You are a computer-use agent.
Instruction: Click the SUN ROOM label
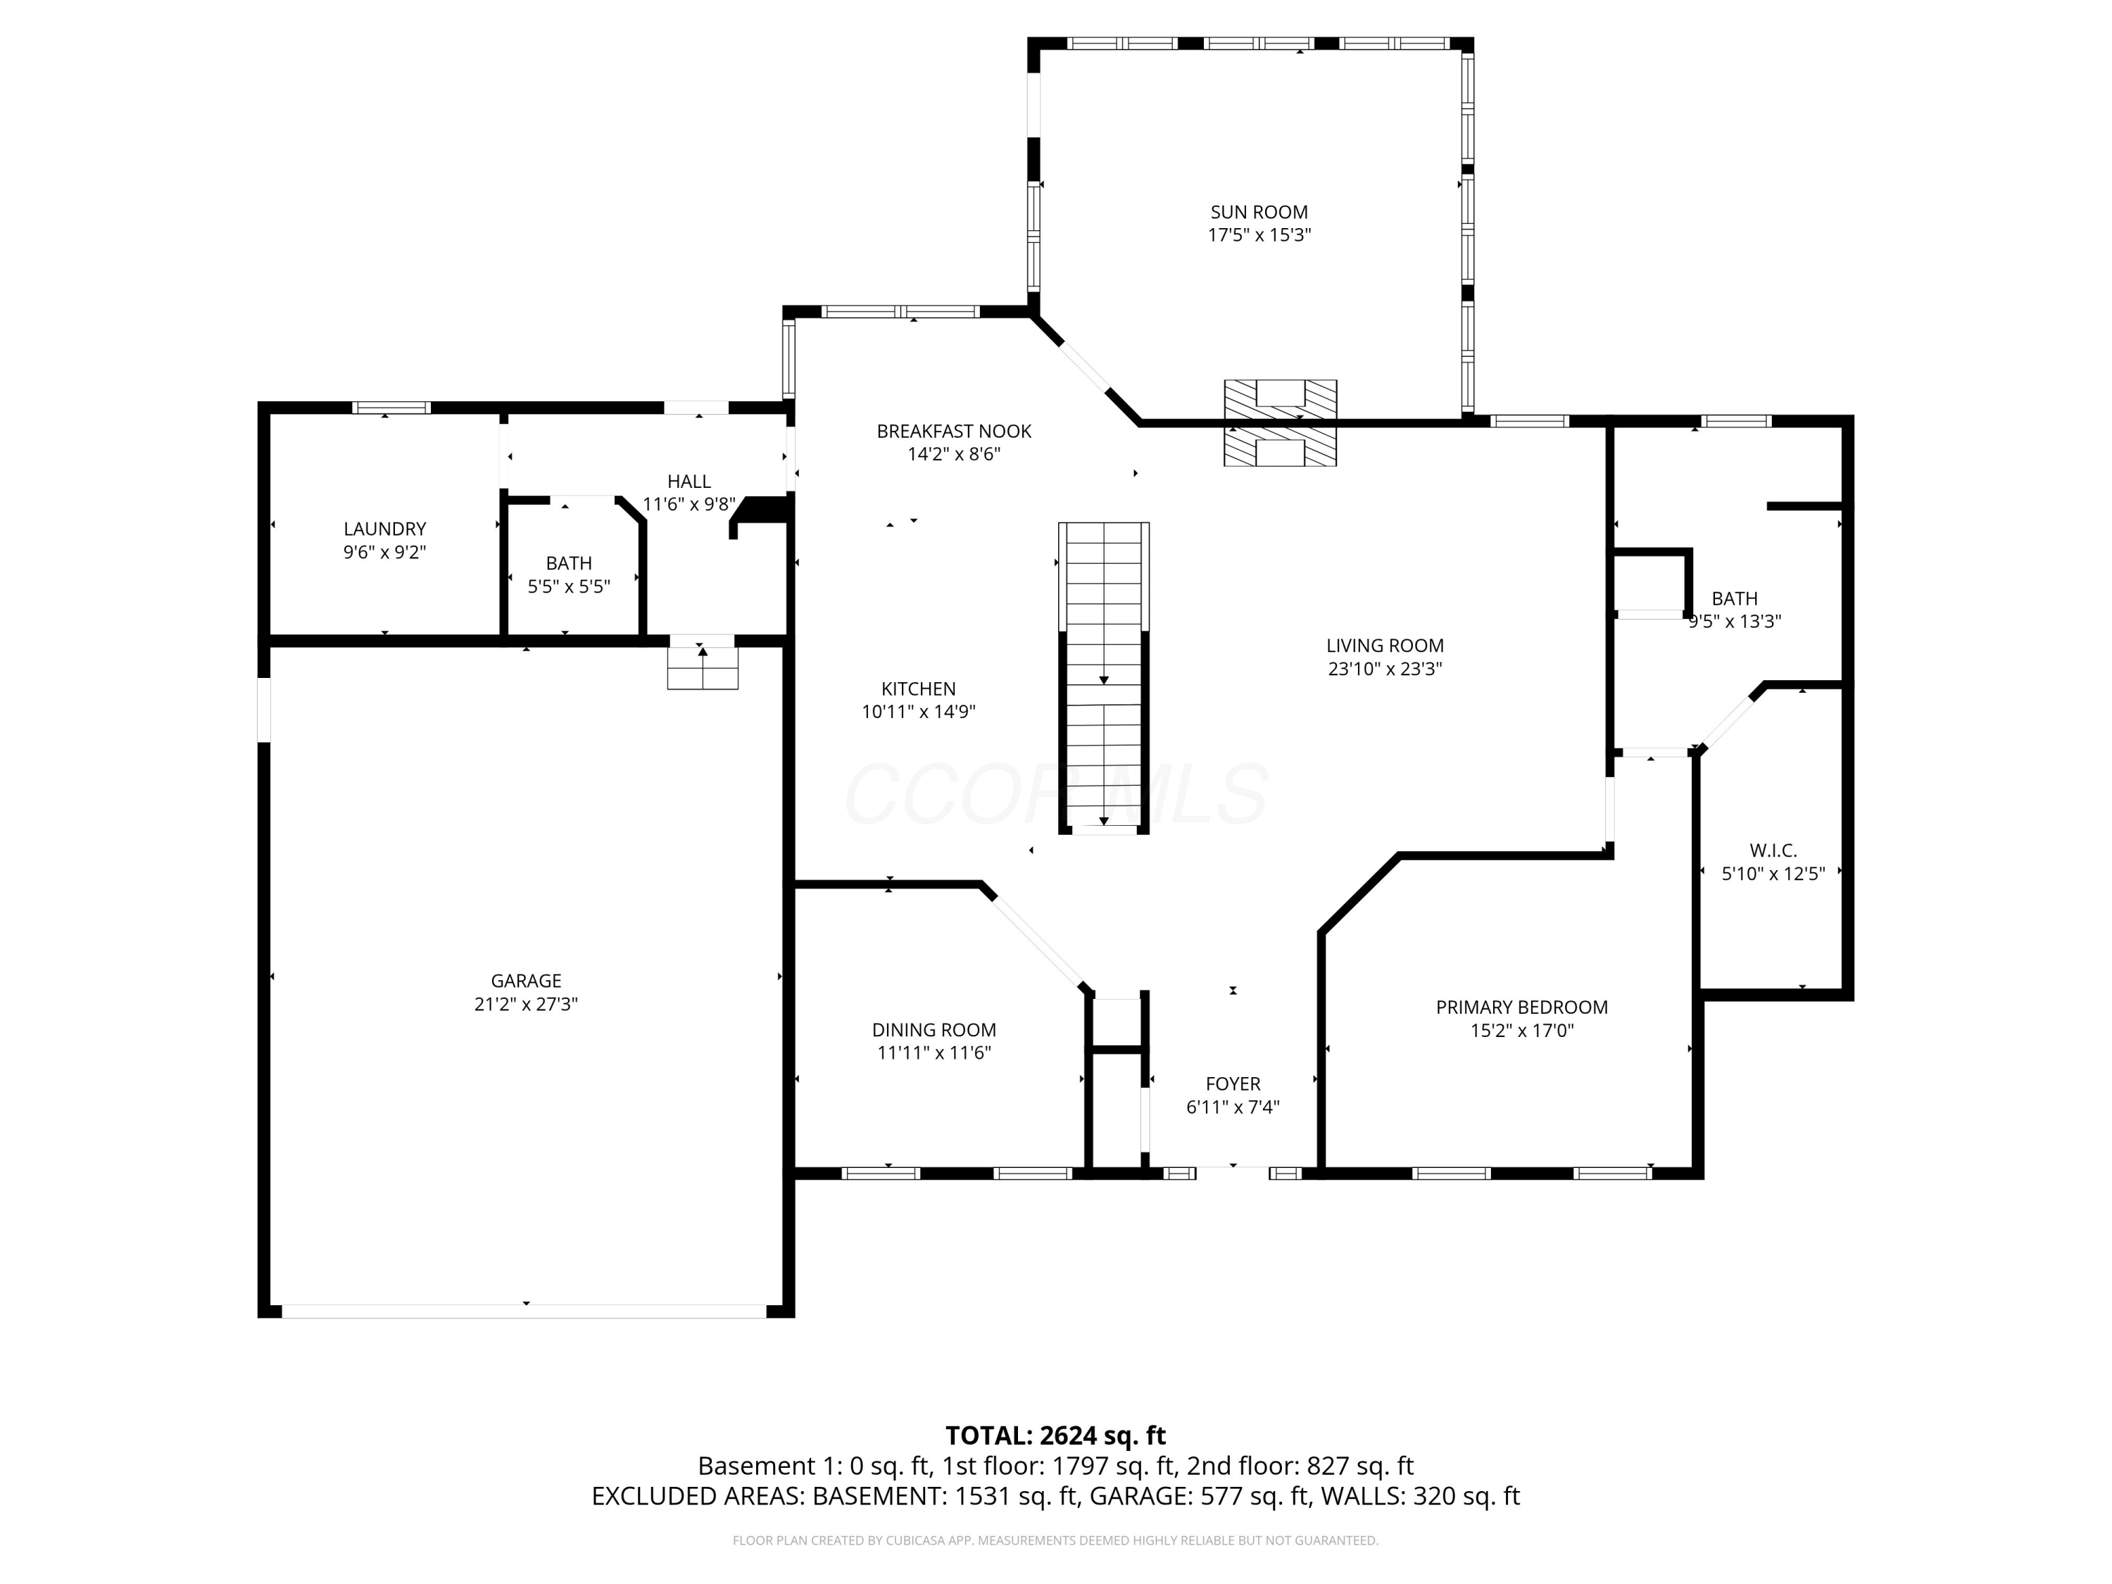tap(1259, 212)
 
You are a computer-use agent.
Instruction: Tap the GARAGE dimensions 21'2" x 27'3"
tap(526, 1003)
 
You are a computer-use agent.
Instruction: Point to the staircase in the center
tap(1104, 678)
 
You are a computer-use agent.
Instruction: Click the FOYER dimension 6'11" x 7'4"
tap(1232, 1107)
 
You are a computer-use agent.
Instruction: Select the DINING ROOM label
tap(933, 1029)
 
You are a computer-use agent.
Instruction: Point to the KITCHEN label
tap(917, 689)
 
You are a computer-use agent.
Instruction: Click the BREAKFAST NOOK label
tap(953, 432)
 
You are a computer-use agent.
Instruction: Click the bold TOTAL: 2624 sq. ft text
tap(1055, 1435)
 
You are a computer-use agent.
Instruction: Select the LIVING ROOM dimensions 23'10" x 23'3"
tap(1385, 668)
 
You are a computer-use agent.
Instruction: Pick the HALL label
tap(689, 482)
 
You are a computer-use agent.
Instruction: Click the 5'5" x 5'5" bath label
tap(568, 586)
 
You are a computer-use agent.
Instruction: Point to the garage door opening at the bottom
tap(524, 1311)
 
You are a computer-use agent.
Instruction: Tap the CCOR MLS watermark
tap(1055, 794)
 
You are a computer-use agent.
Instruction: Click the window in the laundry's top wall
tap(391, 408)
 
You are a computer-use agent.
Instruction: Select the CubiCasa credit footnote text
tap(1055, 1540)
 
